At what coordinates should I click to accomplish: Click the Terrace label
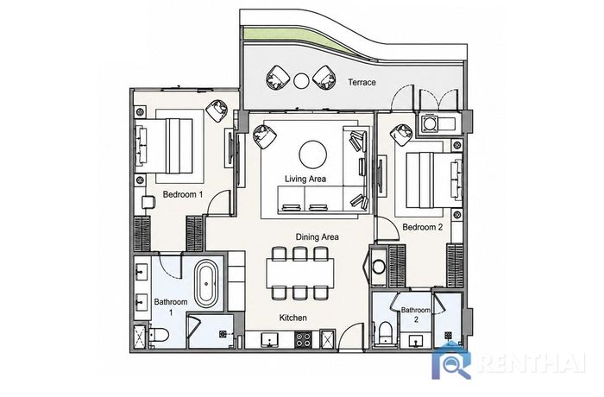click(362, 82)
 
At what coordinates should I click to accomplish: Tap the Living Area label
click(305, 179)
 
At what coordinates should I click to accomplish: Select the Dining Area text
click(317, 236)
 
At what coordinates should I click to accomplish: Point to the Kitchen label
click(293, 318)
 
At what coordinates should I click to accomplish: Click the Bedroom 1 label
click(183, 194)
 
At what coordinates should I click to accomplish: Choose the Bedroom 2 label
click(423, 227)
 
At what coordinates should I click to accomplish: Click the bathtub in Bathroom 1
click(206, 284)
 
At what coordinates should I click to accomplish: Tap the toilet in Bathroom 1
click(158, 335)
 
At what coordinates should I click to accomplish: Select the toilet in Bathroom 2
click(385, 332)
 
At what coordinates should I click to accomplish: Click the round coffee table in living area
click(312, 154)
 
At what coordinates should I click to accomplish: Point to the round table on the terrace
click(301, 80)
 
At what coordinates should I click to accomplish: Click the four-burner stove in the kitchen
click(303, 339)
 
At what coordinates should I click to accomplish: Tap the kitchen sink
click(270, 340)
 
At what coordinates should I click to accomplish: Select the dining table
click(299, 274)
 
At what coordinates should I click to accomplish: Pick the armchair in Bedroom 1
click(217, 110)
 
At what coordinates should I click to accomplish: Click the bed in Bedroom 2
click(434, 180)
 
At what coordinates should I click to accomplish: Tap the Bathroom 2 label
click(416, 314)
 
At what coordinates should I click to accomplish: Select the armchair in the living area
click(265, 136)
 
